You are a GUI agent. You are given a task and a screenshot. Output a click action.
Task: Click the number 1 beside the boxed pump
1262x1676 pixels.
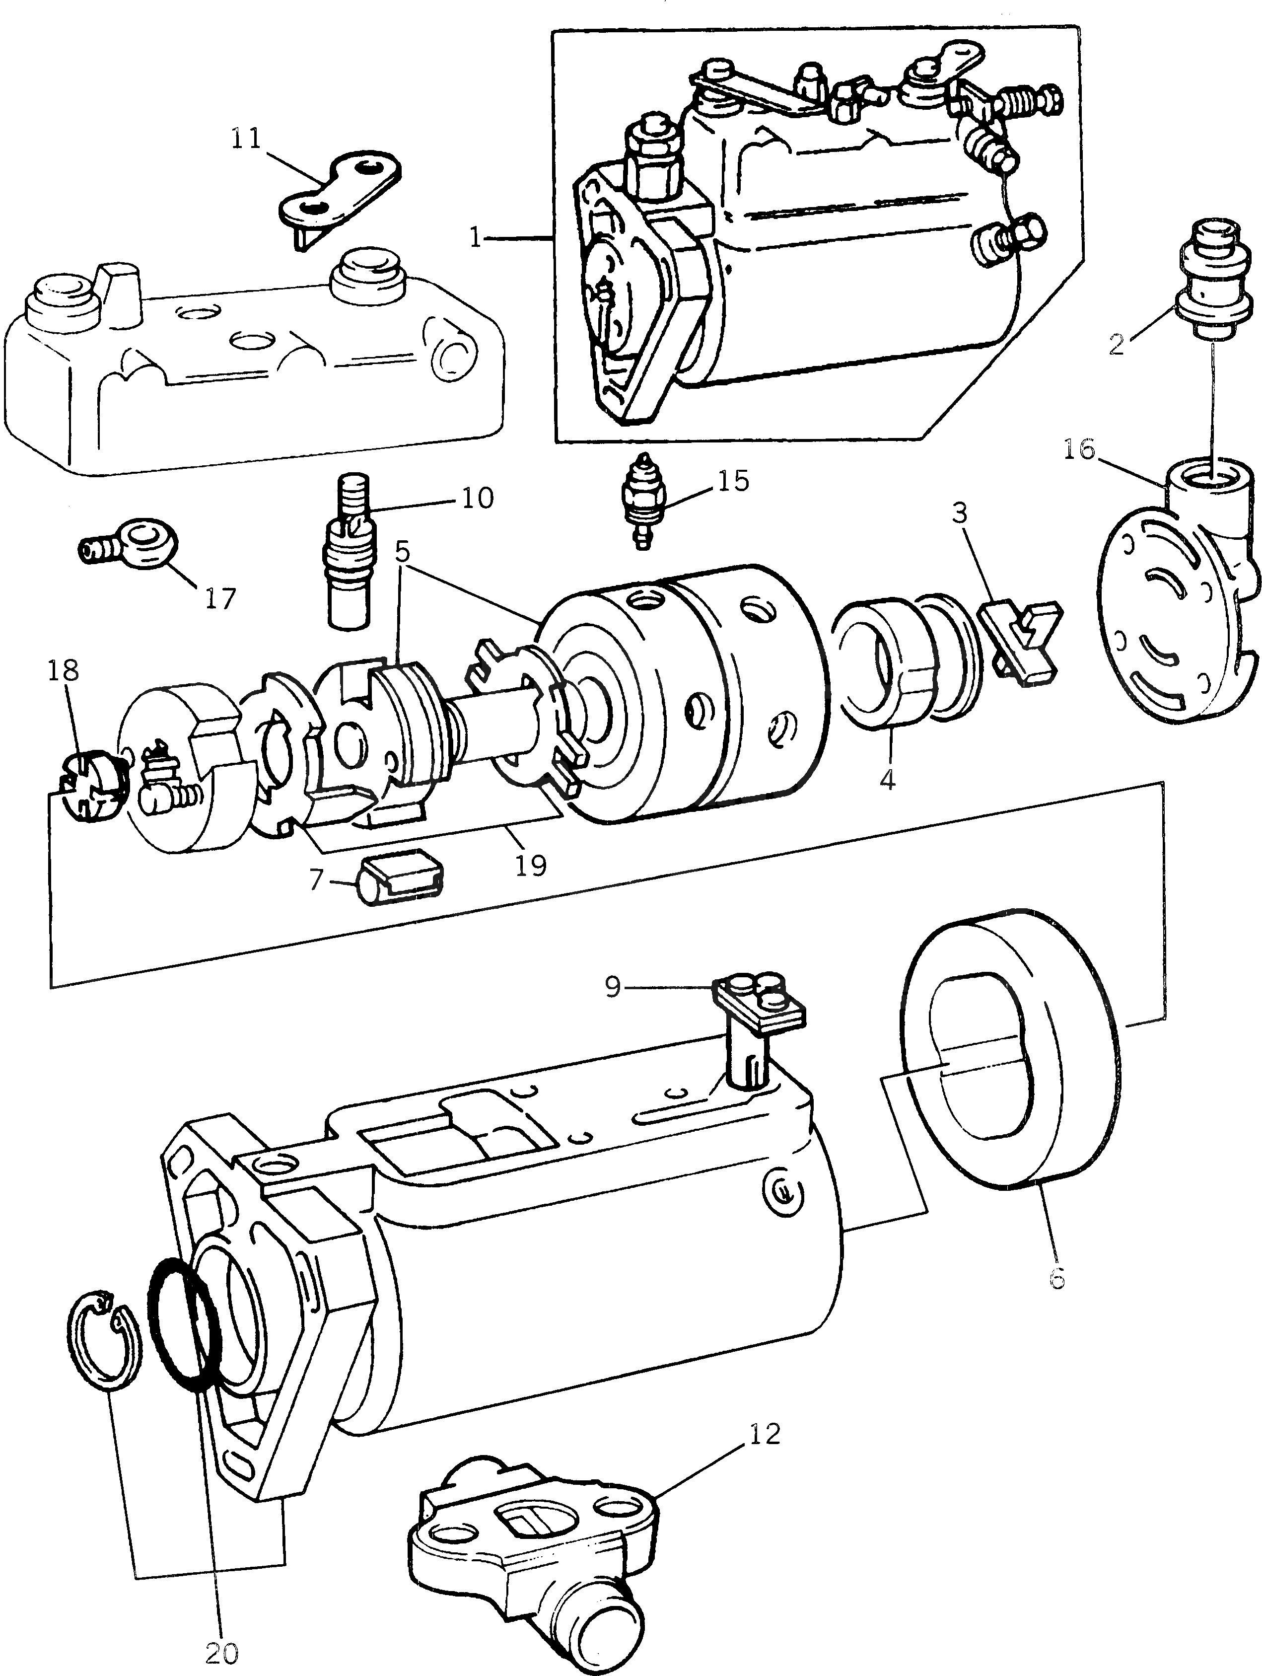[476, 239]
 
